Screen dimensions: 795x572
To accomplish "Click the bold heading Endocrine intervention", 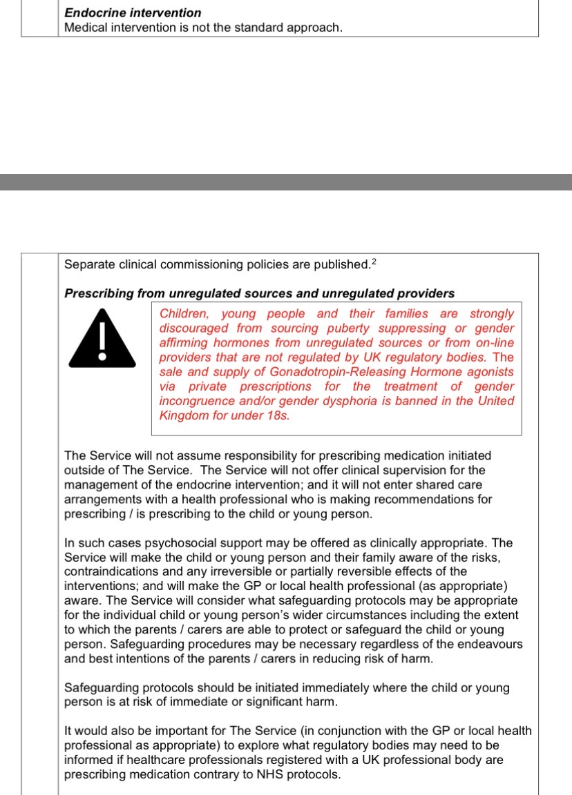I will tap(133, 12).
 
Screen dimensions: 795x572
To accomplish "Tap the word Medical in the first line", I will tap(86, 28).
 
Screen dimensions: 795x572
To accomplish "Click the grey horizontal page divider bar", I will tap(286, 182).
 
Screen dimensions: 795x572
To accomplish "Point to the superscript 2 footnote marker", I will tap(373, 261).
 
